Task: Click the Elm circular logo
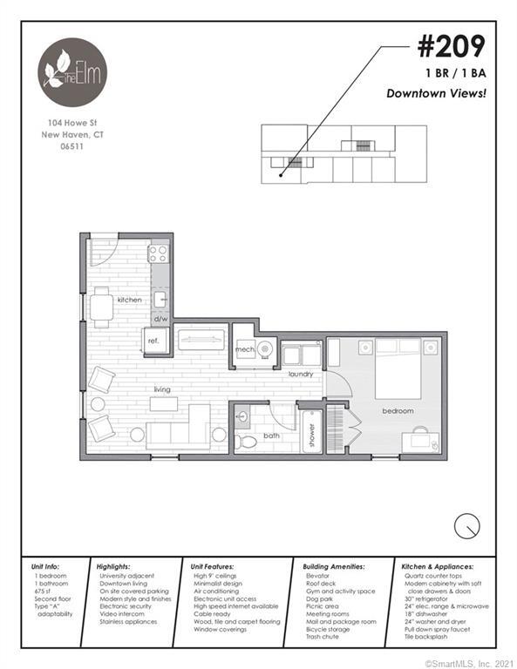[x=72, y=71]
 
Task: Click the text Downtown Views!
[x=435, y=93]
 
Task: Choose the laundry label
[x=301, y=374]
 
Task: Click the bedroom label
[x=397, y=409]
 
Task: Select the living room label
[x=161, y=389]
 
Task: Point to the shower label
[x=311, y=433]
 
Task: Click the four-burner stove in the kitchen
[x=158, y=253]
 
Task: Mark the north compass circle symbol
[x=467, y=525]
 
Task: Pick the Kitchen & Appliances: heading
[x=443, y=565]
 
